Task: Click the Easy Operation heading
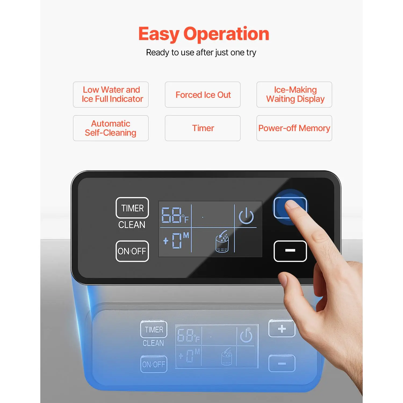click(204, 34)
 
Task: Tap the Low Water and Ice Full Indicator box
click(111, 95)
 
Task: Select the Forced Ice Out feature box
click(203, 95)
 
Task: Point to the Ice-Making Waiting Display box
click(294, 95)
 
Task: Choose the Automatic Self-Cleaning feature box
click(111, 128)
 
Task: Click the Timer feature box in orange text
click(203, 128)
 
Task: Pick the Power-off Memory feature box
click(294, 128)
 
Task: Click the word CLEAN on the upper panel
click(132, 225)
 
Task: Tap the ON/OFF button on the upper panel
click(132, 251)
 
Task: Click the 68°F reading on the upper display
click(175, 215)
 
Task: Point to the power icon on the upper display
click(246, 216)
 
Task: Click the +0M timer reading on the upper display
click(176, 240)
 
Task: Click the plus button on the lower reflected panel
click(282, 329)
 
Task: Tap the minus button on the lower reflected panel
click(282, 364)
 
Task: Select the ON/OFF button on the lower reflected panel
click(154, 364)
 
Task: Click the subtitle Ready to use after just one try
click(201, 53)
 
